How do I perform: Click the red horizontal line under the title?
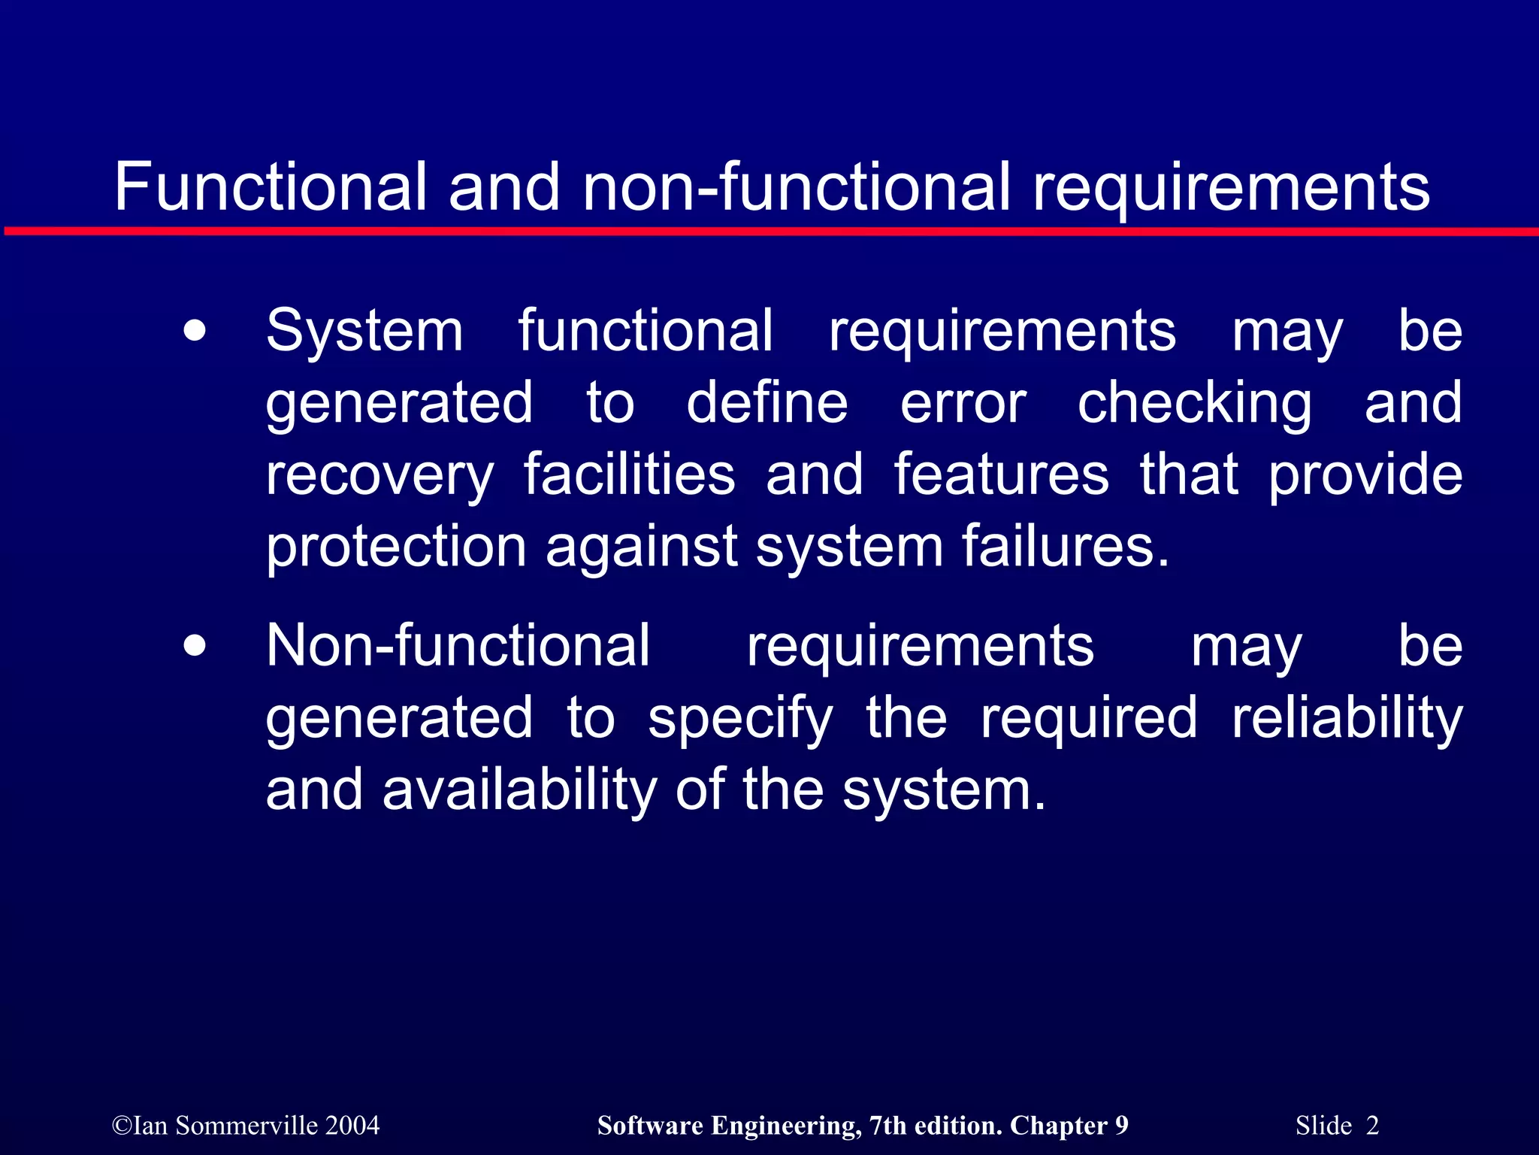[769, 231]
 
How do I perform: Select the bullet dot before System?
[195, 332]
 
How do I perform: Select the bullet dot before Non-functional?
[195, 646]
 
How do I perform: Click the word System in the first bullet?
[364, 331]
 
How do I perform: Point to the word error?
[963, 403]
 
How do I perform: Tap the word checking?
[1195, 405]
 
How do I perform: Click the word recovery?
[379, 476]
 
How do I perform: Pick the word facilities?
[629, 474]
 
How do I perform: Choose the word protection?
[396, 547]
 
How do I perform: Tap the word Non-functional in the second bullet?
[458, 645]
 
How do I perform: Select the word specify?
[740, 719]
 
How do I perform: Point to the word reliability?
[1347, 718]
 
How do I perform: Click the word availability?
[519, 790]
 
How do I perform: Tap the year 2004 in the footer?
[352, 1126]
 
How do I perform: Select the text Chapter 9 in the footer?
[1069, 1126]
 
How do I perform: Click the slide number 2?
[1372, 1126]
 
